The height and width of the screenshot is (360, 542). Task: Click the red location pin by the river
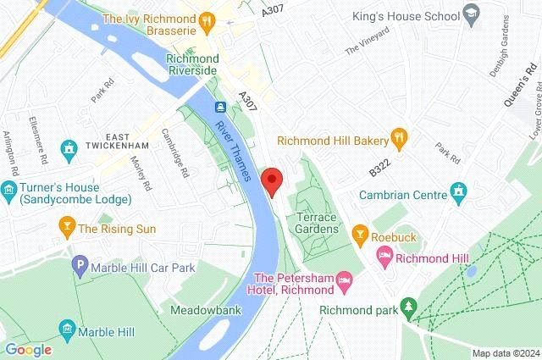point(272,180)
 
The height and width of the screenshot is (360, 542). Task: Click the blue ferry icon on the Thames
point(219,107)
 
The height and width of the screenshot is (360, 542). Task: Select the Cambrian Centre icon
point(459,194)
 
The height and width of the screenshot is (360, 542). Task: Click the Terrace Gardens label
point(317,223)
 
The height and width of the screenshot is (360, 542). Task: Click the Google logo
point(27,349)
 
